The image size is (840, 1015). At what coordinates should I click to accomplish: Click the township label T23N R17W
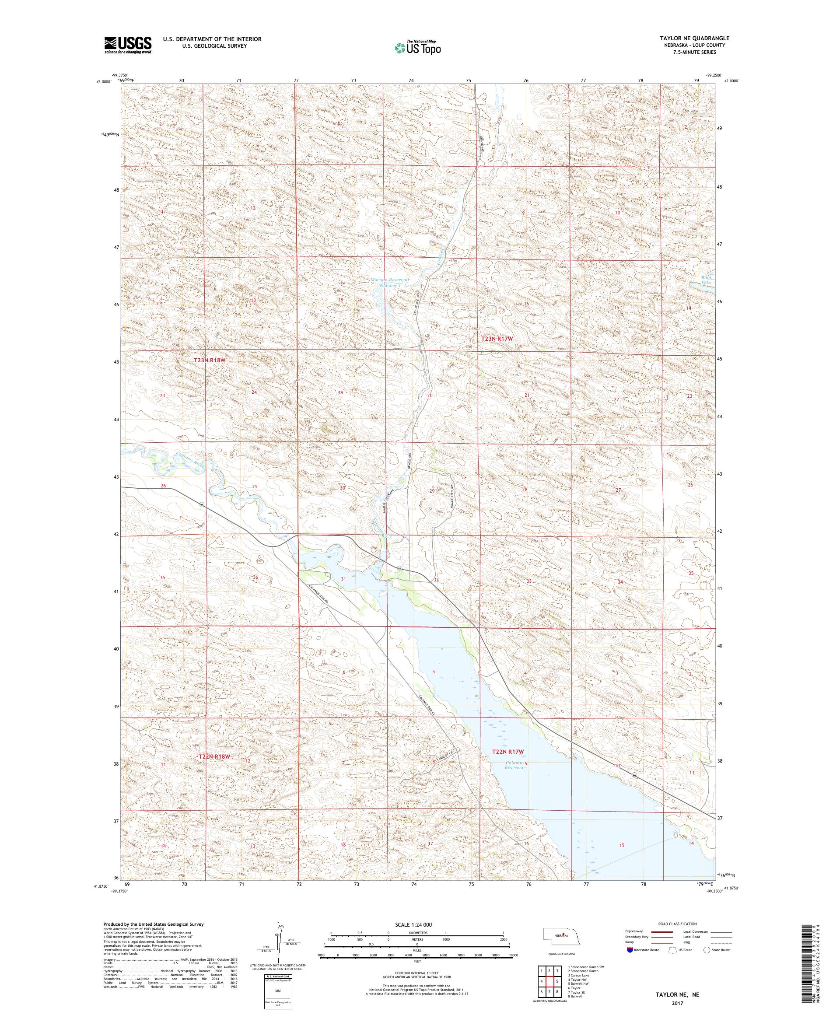coord(496,339)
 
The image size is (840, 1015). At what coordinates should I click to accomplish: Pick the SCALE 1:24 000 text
coord(417,924)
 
